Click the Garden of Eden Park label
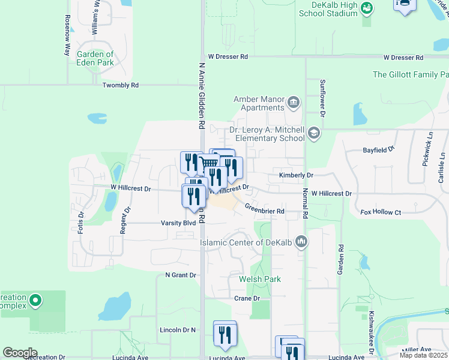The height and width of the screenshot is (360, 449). tap(95, 58)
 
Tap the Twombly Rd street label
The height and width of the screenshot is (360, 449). tap(120, 85)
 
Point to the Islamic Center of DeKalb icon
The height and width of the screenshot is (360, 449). tap(301, 242)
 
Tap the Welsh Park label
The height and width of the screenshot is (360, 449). tap(259, 279)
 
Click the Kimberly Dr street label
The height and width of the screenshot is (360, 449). tap(296, 175)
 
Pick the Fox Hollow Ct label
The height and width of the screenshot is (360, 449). tap(380, 212)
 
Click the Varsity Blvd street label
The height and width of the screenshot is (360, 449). tap(178, 223)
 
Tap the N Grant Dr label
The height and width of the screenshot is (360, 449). tap(181, 275)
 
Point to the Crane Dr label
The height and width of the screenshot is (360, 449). tap(247, 298)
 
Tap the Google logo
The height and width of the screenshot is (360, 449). tap(20, 353)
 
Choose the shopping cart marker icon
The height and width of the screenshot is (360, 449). tap(208, 163)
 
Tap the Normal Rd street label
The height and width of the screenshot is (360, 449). tap(305, 203)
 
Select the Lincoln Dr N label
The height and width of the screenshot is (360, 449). tap(178, 330)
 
